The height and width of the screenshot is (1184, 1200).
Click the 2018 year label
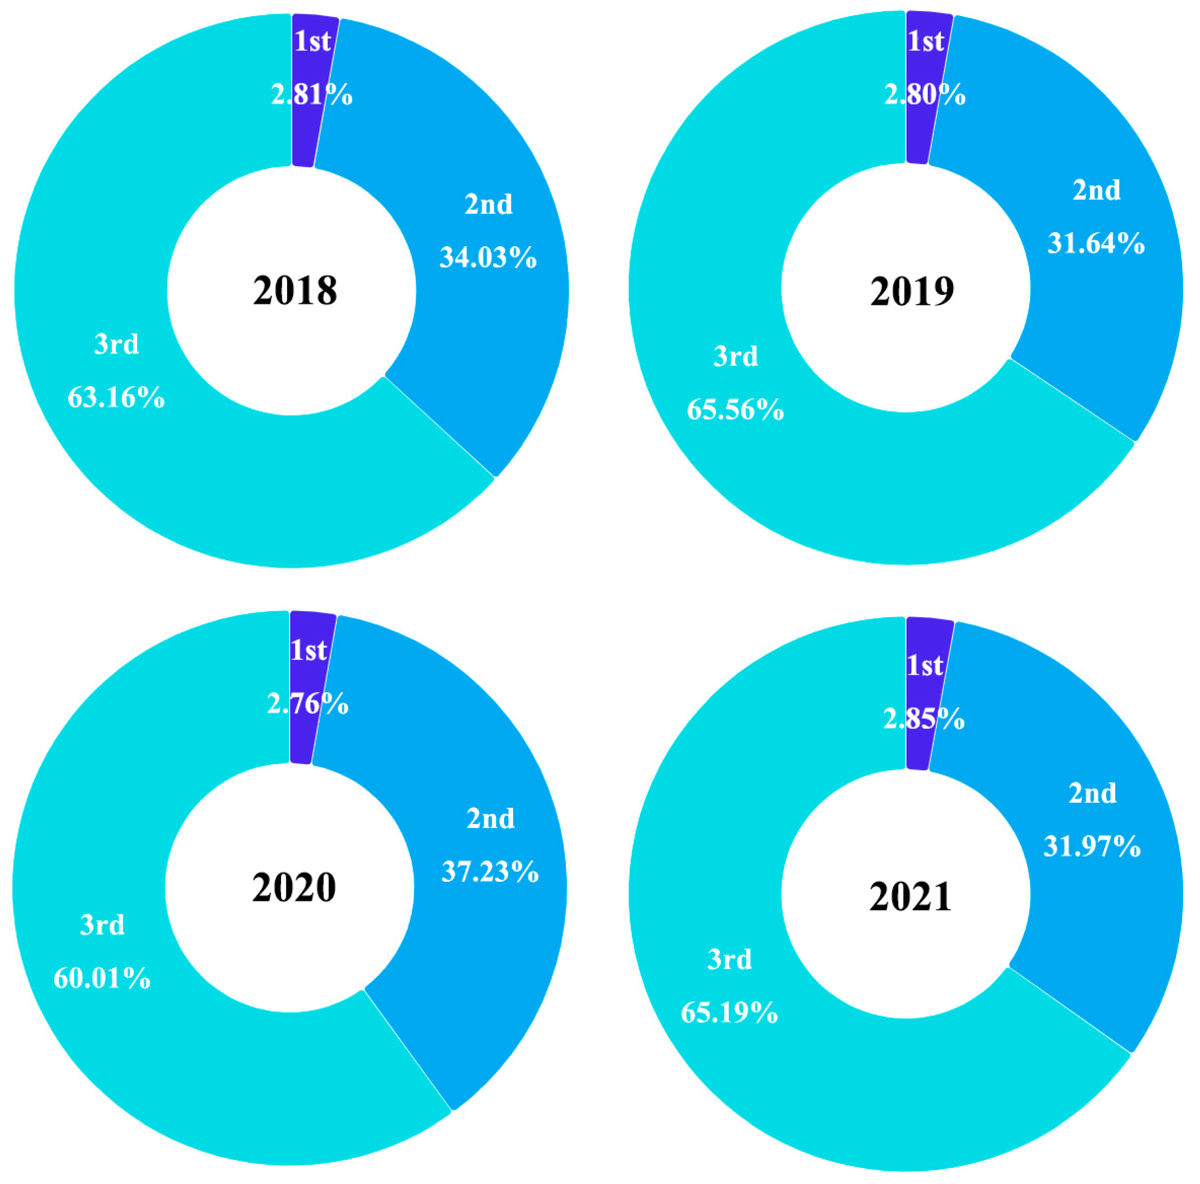pos(295,290)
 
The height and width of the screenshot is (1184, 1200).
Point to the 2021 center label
pos(910,897)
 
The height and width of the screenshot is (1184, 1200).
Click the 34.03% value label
pos(488,257)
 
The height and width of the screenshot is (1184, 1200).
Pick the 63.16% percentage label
pos(116,397)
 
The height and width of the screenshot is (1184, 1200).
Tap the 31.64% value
pos(1096,243)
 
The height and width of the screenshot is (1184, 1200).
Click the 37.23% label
pos(490,872)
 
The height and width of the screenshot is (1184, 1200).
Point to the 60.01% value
pos(102,978)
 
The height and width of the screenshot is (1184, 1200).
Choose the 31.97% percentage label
pos(1092,846)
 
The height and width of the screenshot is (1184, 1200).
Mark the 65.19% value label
pos(729,1012)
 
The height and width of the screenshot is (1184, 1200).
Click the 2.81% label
pos(312,94)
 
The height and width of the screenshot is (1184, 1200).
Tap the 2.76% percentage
pos(308,704)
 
